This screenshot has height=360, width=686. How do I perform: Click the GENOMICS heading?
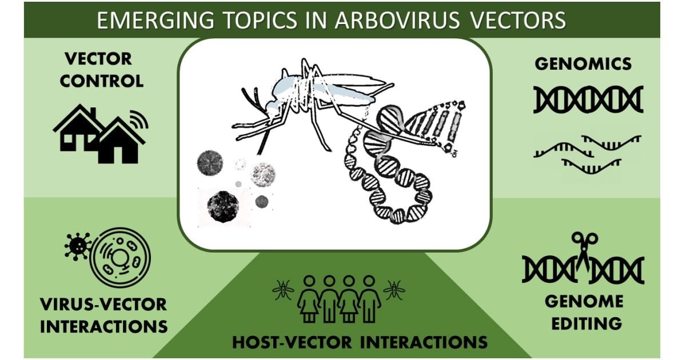tap(583, 63)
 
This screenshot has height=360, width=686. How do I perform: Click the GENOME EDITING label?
tap(583, 311)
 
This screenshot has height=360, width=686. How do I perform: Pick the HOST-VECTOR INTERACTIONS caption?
tap(360, 342)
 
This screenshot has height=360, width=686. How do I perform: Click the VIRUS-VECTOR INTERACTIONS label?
tap(103, 315)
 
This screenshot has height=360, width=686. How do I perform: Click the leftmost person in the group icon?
tap(309, 298)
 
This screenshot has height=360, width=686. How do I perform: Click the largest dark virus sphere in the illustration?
tap(223, 206)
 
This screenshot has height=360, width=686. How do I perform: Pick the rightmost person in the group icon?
tap(369, 298)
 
